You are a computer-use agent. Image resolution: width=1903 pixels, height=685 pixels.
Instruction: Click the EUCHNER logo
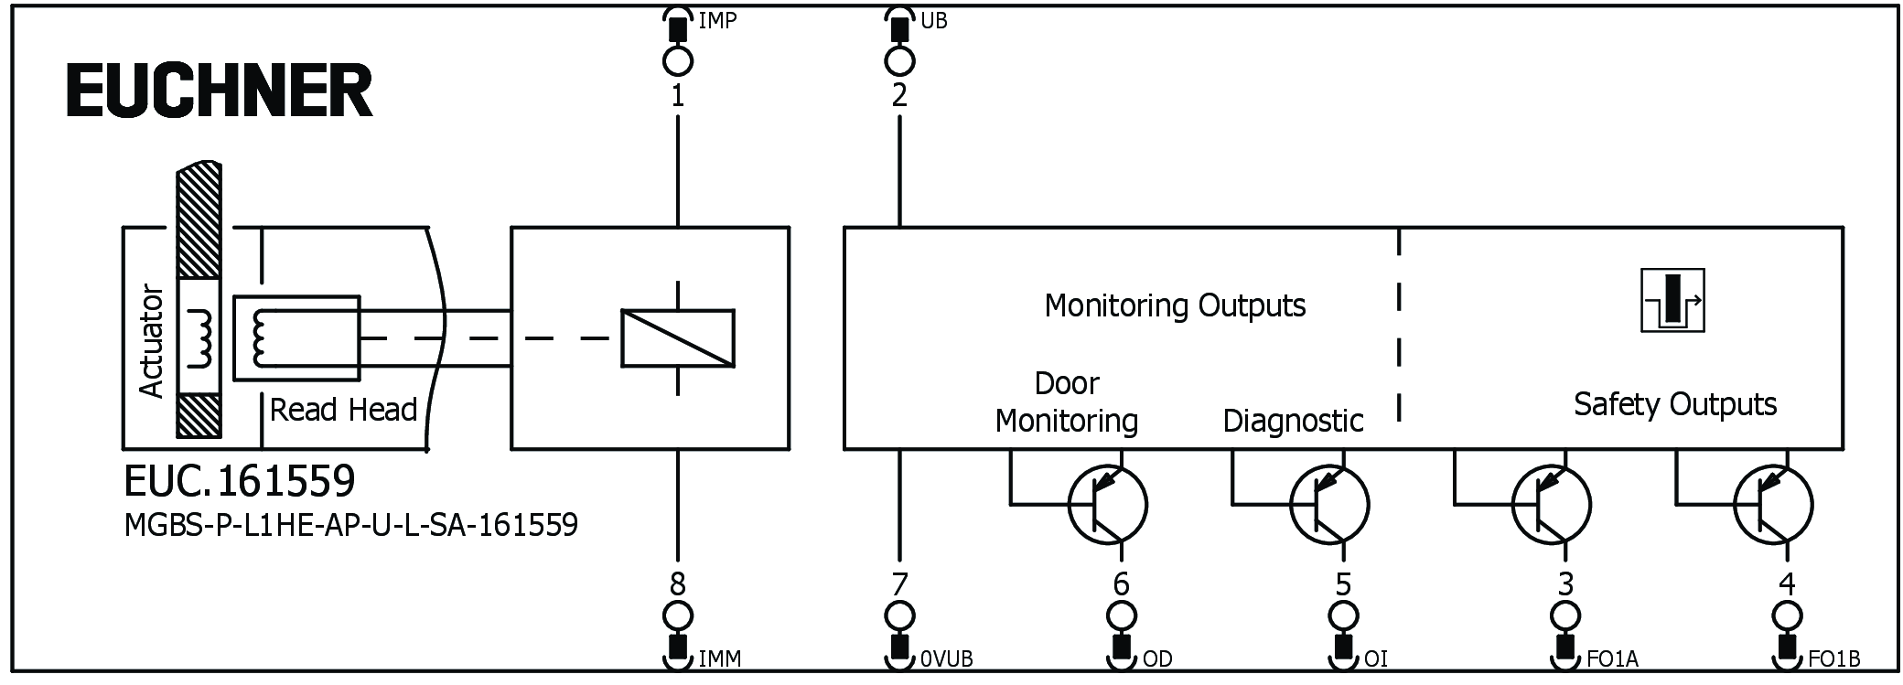[220, 91]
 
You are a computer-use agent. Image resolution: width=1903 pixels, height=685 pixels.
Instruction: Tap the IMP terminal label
[717, 20]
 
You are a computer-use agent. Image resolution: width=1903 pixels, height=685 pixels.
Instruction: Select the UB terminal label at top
[933, 20]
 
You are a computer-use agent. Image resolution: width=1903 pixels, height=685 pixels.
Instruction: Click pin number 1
[677, 95]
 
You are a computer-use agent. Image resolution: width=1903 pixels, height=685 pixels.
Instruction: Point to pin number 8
[677, 583]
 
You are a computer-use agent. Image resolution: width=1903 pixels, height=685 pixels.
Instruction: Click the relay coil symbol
[677, 338]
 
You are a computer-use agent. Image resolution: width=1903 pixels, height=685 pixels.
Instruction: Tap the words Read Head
[343, 410]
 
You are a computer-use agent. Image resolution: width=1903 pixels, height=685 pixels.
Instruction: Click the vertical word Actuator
[151, 341]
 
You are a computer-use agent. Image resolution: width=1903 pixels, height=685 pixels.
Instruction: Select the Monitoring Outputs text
[1175, 305]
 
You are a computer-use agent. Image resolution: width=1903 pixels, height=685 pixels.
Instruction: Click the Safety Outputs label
[1674, 404]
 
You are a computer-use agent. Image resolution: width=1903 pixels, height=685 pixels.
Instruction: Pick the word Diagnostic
[1293, 421]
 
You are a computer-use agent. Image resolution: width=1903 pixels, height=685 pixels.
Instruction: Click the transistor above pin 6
[1107, 504]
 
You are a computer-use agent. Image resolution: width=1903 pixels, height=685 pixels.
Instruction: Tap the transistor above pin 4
[1773, 504]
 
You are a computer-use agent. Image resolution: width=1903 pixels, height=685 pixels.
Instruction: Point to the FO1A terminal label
[1612, 659]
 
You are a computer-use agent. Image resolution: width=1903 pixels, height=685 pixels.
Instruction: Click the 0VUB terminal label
[946, 659]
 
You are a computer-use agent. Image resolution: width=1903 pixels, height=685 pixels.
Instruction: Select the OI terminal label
[1376, 659]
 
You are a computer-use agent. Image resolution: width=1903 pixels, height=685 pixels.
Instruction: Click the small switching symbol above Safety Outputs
[1672, 301]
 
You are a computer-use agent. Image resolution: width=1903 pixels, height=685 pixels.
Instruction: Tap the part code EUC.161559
[239, 480]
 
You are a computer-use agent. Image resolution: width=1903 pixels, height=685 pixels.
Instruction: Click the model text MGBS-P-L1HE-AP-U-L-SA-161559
[350, 525]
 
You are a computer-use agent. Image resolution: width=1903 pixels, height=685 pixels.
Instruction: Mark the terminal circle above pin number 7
[899, 614]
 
